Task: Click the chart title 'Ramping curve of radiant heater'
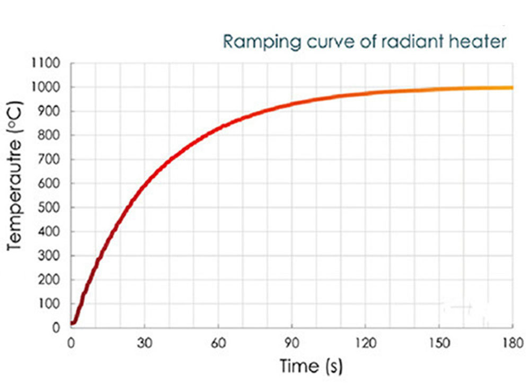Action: [x=364, y=41]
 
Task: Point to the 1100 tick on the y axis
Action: [x=49, y=64]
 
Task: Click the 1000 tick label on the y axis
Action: [x=49, y=87]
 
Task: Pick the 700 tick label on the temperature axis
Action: [x=52, y=160]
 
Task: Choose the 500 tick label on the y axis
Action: [x=52, y=208]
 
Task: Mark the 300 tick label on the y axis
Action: [x=52, y=256]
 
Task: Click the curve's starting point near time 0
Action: [x=73, y=323]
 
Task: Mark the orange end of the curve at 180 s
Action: [x=511, y=87]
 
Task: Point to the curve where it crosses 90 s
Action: [x=292, y=103]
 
